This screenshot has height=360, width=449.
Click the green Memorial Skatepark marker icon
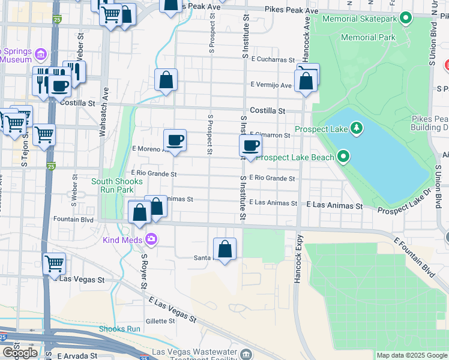[406, 19]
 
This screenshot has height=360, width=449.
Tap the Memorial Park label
[368, 37]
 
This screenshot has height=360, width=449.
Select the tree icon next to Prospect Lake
[357, 128]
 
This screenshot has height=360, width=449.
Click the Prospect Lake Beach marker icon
[343, 158]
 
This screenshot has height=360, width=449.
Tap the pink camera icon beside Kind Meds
[151, 240]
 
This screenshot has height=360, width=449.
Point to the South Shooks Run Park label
[112, 185]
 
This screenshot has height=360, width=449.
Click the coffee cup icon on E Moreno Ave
[175, 140]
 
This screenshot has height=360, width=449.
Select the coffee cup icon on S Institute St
[250, 145]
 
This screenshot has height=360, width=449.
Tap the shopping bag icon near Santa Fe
[224, 249]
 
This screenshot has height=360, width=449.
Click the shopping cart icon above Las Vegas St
[55, 263]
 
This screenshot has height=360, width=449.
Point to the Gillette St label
[160, 321]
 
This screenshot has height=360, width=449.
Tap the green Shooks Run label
[119, 329]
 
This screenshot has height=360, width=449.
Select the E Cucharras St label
[273, 59]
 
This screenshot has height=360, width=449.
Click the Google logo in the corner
[20, 353]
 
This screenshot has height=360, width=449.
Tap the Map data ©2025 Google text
[412, 355]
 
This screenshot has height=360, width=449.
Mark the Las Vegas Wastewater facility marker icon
[246, 354]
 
